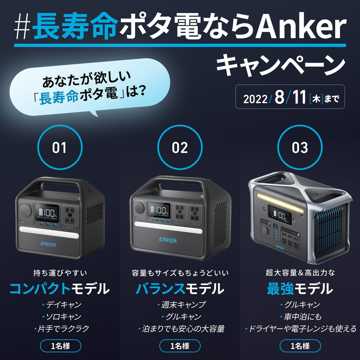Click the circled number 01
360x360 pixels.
pos(60,147)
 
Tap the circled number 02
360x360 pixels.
pos(180,147)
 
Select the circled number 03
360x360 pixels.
pos(300,147)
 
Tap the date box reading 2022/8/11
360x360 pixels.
pos(290,97)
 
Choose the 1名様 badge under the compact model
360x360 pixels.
pos(61,346)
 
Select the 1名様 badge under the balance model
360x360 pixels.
pos(180,346)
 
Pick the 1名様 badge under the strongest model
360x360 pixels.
pos(300,346)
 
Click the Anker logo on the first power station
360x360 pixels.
pos(48,244)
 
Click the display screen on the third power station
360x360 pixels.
pos(280,215)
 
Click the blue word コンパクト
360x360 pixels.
pos(40,289)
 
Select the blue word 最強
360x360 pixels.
pos(280,289)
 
